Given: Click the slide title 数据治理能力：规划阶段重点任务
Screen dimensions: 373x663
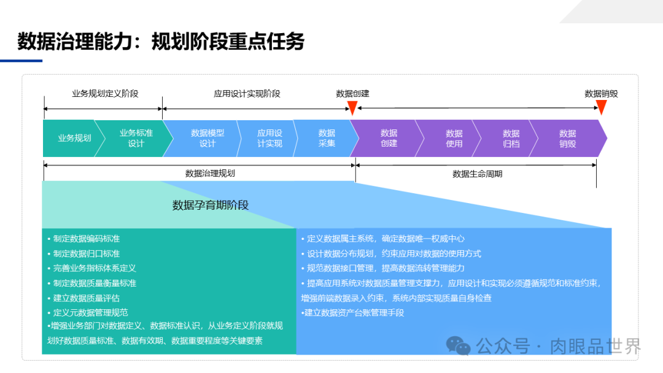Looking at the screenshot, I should coord(161,42).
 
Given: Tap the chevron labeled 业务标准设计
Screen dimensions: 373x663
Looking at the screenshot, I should coord(136,138).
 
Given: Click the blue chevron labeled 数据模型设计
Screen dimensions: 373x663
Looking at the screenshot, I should coord(207,138).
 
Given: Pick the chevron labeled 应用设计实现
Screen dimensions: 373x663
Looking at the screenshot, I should coord(269,138).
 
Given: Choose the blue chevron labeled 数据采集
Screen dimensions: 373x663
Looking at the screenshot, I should coord(327,138).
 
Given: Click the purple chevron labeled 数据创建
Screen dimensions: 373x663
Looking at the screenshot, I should coord(389,138).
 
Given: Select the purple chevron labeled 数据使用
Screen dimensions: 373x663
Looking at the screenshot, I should coord(454,138).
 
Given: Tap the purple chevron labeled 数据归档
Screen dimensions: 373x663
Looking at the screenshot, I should coord(511,138).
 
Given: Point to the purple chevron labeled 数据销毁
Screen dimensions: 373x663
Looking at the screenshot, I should coord(567,138).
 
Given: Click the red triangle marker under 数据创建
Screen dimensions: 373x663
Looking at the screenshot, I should coord(352,108).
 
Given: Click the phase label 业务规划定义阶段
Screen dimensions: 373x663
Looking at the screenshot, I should coord(105,94).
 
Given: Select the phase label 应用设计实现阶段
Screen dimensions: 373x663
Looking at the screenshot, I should coord(247,94).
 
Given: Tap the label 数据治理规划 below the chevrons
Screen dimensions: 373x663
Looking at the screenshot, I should coord(210,174).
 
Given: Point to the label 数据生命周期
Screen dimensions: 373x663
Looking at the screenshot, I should coord(477,174).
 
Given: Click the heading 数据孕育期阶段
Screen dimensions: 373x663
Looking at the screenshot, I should coord(211,206).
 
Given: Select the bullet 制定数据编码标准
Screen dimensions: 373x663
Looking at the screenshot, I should coord(86,239).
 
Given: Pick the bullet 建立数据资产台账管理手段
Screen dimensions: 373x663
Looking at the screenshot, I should coord(354,313).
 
